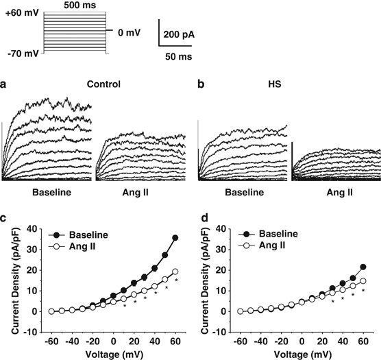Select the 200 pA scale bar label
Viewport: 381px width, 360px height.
point(181,32)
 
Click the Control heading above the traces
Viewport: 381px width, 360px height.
point(103,84)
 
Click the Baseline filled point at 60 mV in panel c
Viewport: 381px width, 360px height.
point(175,238)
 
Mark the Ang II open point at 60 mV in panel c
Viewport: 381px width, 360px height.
point(175,272)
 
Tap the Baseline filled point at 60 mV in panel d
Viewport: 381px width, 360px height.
point(363,267)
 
